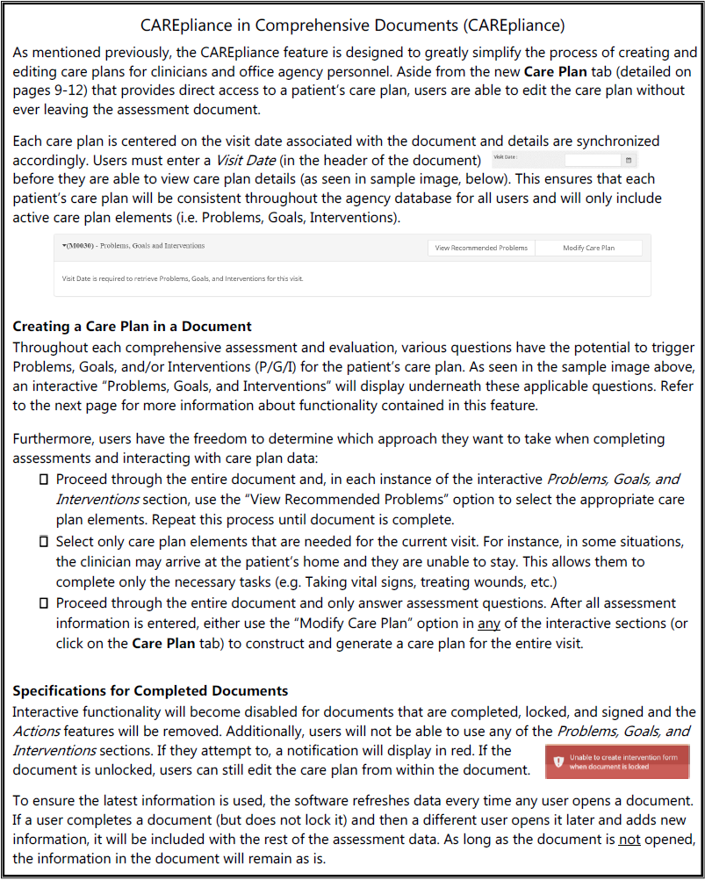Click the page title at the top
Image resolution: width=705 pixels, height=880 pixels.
click(352, 23)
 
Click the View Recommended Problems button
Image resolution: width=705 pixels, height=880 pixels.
click(481, 248)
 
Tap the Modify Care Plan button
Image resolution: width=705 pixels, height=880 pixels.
click(588, 248)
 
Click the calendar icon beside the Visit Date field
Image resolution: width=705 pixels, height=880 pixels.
click(629, 161)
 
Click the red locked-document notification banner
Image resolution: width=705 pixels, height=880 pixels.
click(617, 761)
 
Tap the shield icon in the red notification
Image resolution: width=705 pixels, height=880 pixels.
click(558, 761)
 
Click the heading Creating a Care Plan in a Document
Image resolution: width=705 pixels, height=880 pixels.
click(133, 327)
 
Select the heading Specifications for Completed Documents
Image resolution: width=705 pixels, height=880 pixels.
click(150, 691)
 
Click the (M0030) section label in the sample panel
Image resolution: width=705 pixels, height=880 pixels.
click(133, 246)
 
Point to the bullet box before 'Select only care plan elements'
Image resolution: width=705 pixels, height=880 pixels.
click(44, 541)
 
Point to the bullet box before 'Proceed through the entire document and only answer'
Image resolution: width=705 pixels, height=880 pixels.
click(44, 603)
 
